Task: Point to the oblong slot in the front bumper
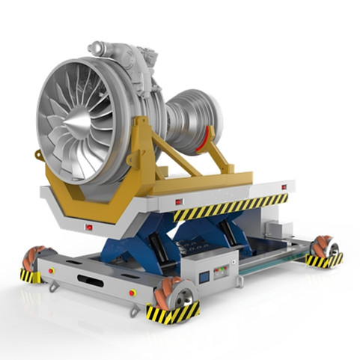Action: (91, 280)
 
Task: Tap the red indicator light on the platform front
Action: (89, 227)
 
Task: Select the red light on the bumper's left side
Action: (52, 269)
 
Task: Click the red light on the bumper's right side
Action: (132, 293)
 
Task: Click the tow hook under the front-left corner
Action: (53, 288)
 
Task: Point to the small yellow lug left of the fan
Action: (38, 155)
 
